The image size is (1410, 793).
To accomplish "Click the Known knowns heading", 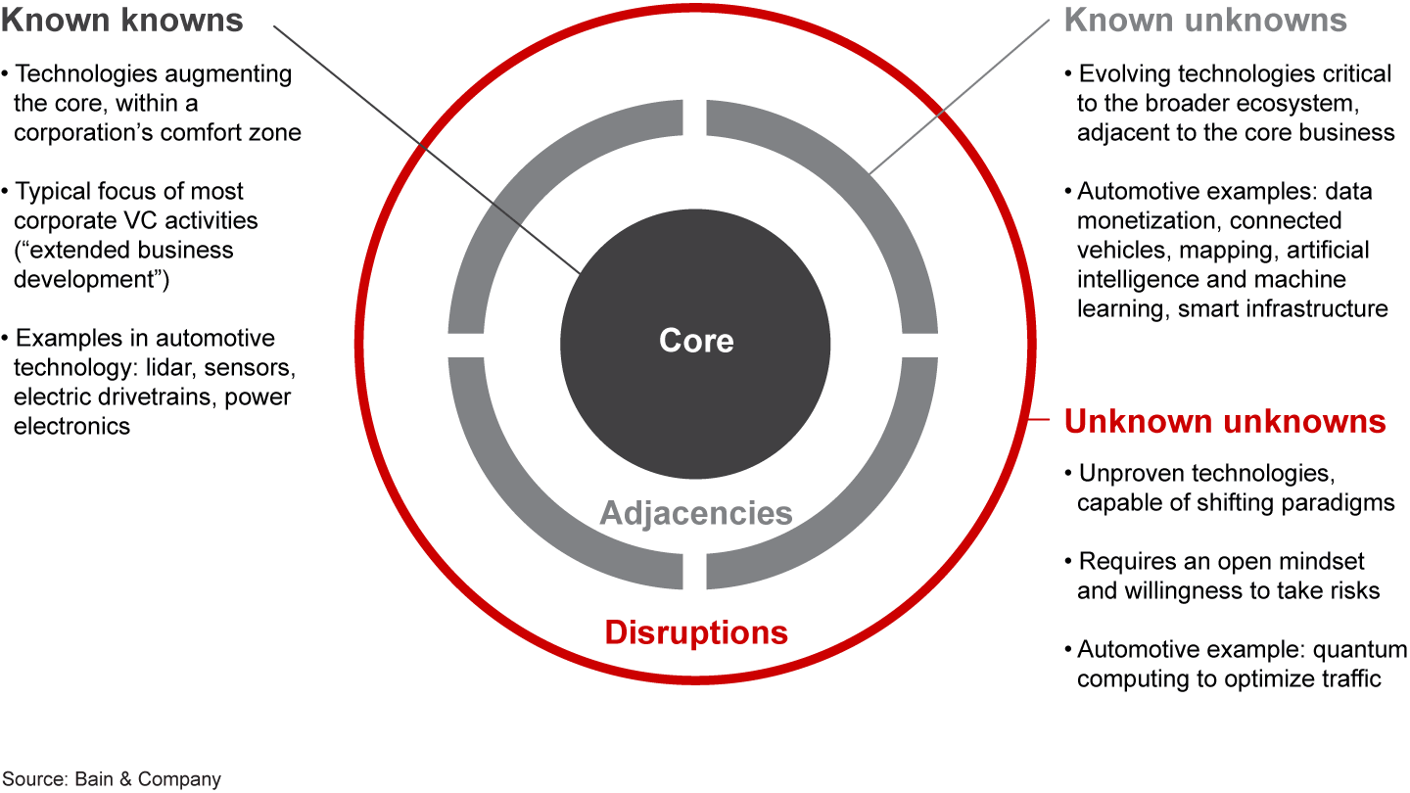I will [x=123, y=21].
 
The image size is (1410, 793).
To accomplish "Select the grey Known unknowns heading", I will [x=1205, y=21].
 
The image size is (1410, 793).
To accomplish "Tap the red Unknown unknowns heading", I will [x=1225, y=422].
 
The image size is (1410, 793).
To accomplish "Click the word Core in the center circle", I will [x=696, y=341].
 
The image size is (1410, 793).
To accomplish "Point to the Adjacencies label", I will [x=696, y=513].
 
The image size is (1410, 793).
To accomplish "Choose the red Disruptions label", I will [x=696, y=632].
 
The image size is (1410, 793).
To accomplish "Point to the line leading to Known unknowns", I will [x=960, y=98].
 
